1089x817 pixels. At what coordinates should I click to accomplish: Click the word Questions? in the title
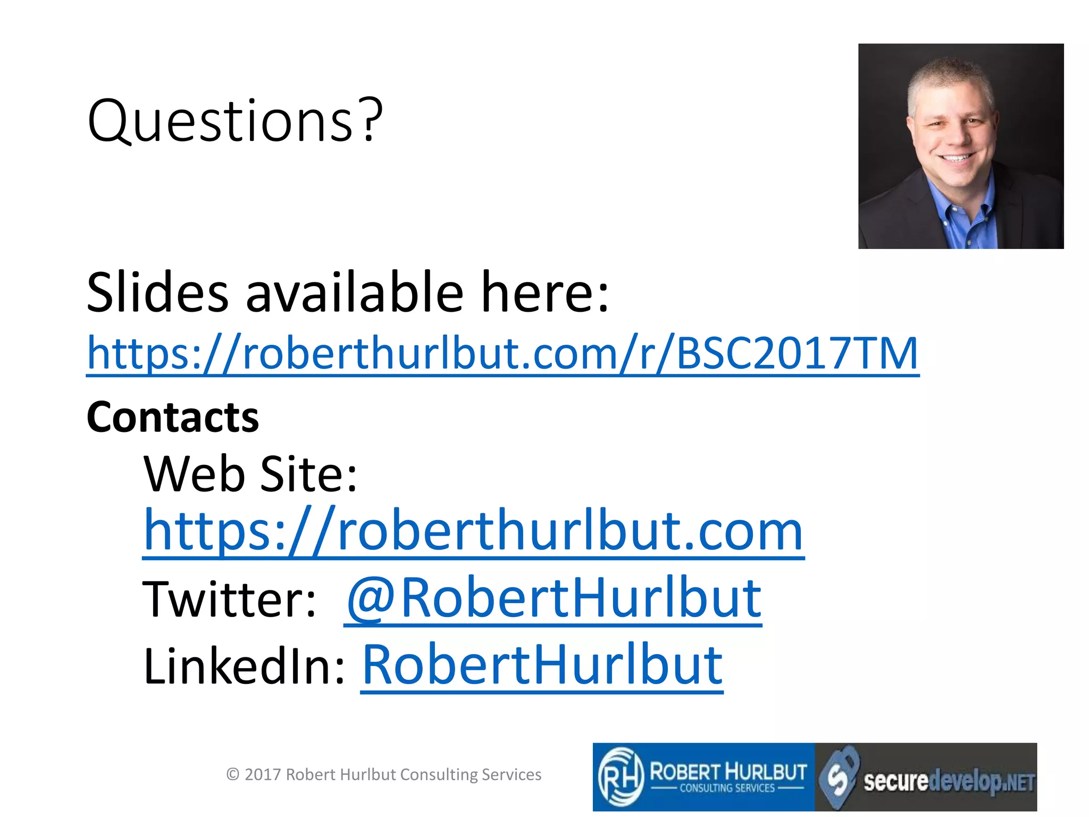point(235,121)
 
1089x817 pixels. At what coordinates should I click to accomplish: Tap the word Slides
point(157,293)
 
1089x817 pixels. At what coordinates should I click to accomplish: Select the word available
point(354,293)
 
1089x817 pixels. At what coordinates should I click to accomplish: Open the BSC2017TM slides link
point(502,354)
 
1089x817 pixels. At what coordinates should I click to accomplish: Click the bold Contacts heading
point(173,418)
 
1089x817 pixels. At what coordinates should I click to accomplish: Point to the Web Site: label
point(250,474)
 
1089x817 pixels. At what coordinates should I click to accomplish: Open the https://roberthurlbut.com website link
point(473,531)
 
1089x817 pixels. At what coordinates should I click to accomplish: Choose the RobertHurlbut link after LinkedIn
point(542,666)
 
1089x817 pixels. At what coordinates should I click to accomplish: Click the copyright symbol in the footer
point(232,774)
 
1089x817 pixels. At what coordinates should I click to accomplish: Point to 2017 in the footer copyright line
point(263,774)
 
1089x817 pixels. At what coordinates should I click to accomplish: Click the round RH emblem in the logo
point(619,777)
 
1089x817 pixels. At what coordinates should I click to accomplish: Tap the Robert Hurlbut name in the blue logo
point(728,771)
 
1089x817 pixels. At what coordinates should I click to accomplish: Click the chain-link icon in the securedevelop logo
point(839,776)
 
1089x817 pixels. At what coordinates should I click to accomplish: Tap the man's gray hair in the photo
point(949,77)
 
